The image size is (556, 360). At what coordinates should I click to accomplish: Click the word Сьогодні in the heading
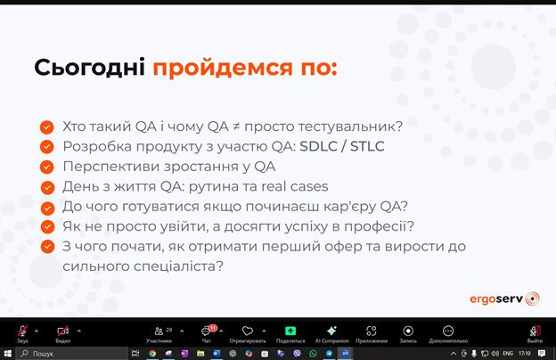[x=89, y=68]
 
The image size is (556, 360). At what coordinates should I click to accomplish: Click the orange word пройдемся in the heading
[x=223, y=68]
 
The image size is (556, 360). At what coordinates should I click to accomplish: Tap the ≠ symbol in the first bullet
[x=236, y=127]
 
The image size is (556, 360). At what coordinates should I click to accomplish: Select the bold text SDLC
[x=318, y=146]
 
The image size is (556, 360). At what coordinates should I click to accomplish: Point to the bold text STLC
[x=367, y=146]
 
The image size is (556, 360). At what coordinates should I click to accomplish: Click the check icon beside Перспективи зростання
[x=47, y=167]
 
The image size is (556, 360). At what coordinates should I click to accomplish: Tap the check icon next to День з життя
[x=47, y=188]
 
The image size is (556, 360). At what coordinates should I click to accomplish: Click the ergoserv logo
[x=504, y=299]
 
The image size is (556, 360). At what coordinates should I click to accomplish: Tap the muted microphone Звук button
[x=22, y=334]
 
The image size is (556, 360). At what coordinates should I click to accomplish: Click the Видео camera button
[x=63, y=334]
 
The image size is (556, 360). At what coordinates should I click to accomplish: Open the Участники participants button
[x=159, y=334]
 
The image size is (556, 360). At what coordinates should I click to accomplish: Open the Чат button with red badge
[x=207, y=334]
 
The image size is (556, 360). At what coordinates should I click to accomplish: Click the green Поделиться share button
[x=290, y=334]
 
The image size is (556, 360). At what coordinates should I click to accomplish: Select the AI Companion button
[x=331, y=334]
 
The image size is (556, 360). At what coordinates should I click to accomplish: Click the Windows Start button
[x=7, y=354]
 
